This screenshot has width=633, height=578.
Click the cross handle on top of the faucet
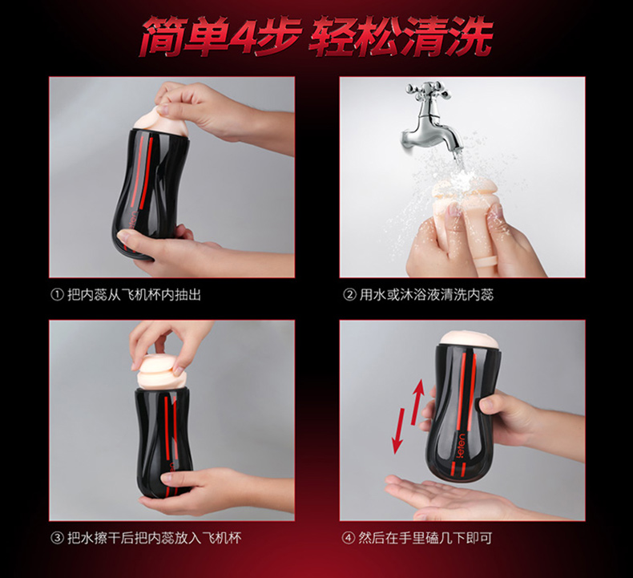click(x=425, y=89)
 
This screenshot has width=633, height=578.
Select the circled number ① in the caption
click(x=57, y=295)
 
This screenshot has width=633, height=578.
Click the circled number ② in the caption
click(x=349, y=295)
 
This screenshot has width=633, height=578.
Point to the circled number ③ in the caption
click(x=57, y=538)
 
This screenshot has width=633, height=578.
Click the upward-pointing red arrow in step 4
click(x=417, y=402)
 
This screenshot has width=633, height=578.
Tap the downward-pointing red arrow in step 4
click(x=399, y=430)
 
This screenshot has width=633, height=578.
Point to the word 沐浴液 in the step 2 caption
click(x=420, y=295)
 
